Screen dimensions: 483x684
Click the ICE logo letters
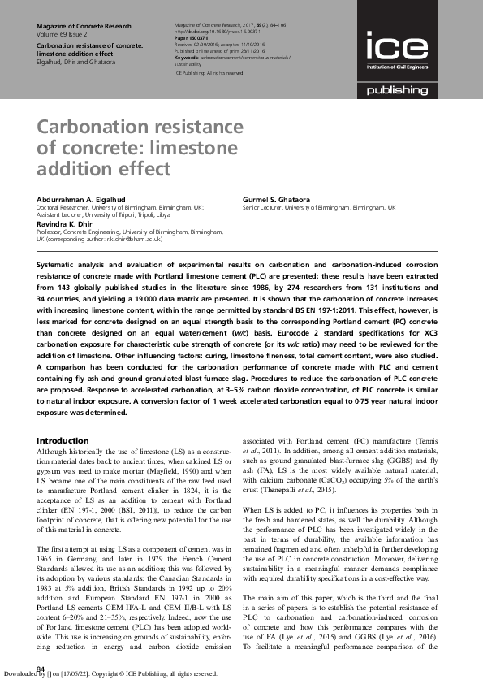tap(393, 46)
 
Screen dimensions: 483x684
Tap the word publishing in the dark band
tap(395, 91)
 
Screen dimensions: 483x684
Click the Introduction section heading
tap(63, 440)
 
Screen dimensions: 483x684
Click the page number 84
tap(41, 668)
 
